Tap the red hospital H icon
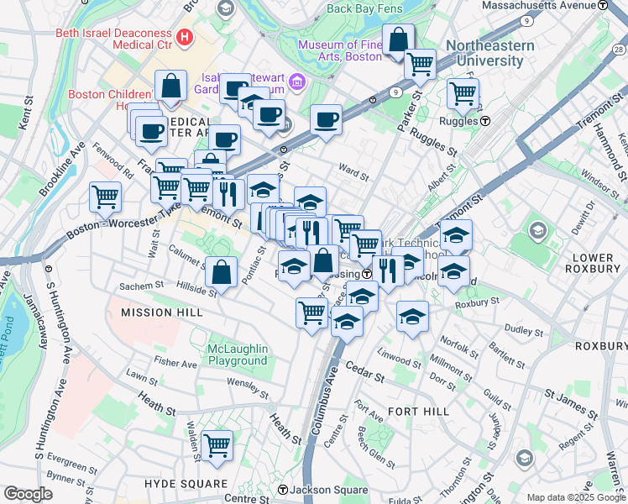(185, 37)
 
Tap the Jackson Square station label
(328, 490)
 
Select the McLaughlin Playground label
(238, 354)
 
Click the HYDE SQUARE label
(186, 484)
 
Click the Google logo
(28, 494)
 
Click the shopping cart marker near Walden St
(217, 446)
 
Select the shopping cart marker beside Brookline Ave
(105, 198)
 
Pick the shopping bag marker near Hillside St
(221, 272)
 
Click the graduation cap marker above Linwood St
(412, 317)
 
